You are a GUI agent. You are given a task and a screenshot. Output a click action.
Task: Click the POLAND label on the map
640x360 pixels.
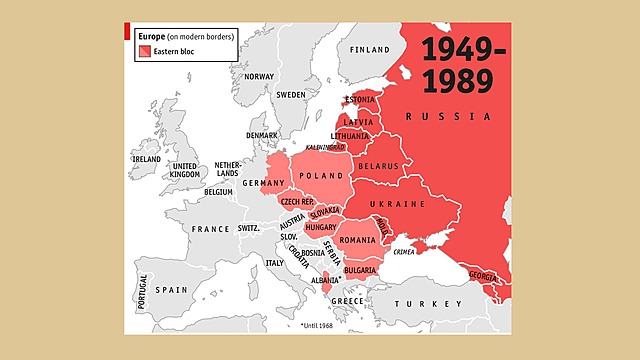point(323,175)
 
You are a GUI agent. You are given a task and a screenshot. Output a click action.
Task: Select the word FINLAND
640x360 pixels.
point(369,49)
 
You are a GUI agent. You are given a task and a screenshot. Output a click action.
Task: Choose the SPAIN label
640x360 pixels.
point(172,289)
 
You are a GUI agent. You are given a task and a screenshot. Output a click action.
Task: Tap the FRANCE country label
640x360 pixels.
point(211,229)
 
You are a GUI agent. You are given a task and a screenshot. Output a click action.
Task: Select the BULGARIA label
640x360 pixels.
point(359,270)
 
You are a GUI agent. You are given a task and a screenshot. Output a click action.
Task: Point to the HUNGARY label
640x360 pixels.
point(320,227)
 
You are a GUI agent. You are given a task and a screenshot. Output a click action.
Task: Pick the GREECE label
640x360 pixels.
point(347,301)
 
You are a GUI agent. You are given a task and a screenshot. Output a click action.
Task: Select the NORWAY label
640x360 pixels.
point(259,76)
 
